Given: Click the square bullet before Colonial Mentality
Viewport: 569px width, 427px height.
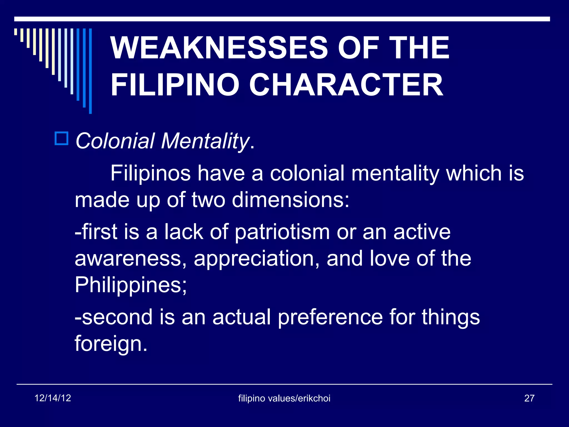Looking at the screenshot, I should coord(61,138).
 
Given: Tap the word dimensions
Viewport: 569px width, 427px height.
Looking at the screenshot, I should coord(290,200).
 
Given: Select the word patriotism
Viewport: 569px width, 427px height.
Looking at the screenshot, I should coord(282,232).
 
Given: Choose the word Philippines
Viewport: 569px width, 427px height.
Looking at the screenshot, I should coord(131,285).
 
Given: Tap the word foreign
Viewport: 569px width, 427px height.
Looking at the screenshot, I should coord(111,344).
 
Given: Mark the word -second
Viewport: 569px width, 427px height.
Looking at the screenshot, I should coord(114,317).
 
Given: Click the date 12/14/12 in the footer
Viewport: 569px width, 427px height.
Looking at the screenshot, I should coord(53,398).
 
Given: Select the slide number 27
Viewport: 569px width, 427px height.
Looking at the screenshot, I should coord(529,398).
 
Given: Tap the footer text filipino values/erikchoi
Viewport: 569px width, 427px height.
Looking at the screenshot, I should coord(284,398).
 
